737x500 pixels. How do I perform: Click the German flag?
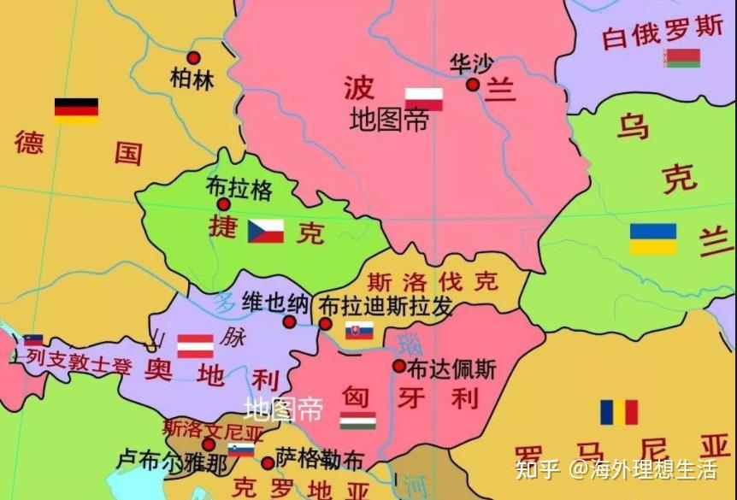point(76,110)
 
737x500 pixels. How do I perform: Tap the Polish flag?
point(424,99)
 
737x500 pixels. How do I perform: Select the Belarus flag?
point(683,58)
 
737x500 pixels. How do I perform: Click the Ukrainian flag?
point(653,239)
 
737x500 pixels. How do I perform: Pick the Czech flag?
point(266,231)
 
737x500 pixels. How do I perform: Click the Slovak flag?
point(359,331)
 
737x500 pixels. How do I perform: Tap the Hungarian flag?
point(357,421)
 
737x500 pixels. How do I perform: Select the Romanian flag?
point(619,412)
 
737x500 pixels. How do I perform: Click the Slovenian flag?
point(241,450)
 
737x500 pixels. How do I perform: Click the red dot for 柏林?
point(193,58)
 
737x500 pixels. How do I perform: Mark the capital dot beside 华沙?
point(473,84)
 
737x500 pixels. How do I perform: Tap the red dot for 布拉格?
point(223,204)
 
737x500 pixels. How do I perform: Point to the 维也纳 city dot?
point(290,322)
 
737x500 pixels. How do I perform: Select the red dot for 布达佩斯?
point(398,366)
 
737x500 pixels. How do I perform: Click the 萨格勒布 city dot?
point(268,462)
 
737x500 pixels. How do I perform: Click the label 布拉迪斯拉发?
point(385,307)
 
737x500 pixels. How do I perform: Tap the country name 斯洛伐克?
point(432,281)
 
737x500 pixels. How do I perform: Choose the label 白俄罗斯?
point(663,32)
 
